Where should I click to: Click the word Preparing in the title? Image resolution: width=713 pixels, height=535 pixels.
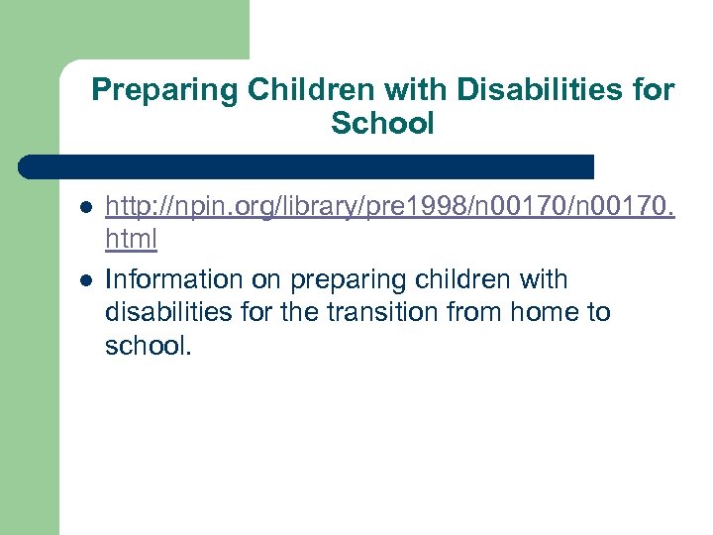165,91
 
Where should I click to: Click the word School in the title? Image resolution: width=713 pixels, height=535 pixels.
382,124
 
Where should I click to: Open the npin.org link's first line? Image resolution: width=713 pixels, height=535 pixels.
389,207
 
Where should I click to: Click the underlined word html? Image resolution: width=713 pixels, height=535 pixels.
131,240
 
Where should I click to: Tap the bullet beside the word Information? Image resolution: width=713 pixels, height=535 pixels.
86,280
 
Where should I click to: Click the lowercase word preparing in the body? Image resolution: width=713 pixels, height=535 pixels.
348,279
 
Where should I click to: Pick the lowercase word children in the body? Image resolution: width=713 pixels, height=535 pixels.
463,279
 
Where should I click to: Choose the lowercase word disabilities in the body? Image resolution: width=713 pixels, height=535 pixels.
168,312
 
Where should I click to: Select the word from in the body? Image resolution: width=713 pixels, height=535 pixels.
473,312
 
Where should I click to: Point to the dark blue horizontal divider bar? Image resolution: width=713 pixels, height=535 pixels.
307,165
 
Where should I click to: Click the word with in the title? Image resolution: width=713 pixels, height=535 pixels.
417,91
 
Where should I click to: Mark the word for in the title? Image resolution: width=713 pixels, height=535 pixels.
655,91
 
